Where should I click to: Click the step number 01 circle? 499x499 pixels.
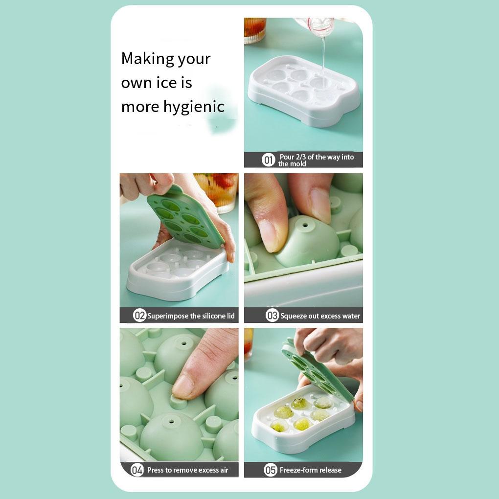(269, 160)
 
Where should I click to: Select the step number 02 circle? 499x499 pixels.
(140, 316)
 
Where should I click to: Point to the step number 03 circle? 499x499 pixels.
(272, 316)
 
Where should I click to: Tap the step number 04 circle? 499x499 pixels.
(137, 470)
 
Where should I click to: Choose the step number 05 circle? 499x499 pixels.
(271, 470)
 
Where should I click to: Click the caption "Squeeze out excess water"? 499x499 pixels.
(320, 316)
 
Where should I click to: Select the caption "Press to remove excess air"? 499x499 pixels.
(187, 470)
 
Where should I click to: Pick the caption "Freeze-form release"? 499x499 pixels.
(310, 470)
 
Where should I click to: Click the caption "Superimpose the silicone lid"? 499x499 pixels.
(191, 316)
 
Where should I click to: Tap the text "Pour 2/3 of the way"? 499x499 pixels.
(316, 157)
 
